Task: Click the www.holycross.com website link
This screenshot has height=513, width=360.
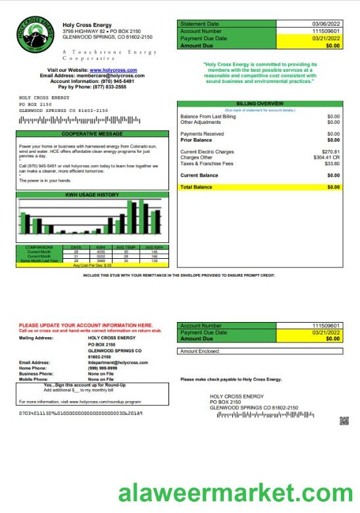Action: click(x=113, y=70)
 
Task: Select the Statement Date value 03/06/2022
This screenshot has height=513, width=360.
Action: click(x=326, y=24)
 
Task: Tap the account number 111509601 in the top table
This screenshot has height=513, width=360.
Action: click(x=326, y=31)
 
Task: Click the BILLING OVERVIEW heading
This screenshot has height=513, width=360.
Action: click(x=260, y=103)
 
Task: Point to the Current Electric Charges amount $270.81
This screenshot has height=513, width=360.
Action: click(x=330, y=151)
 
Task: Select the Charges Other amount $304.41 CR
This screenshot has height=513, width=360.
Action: click(x=326, y=157)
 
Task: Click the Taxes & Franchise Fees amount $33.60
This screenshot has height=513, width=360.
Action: click(x=331, y=163)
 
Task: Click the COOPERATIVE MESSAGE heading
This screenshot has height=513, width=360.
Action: click(x=92, y=133)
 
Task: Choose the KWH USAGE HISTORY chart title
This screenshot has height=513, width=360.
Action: click(x=92, y=195)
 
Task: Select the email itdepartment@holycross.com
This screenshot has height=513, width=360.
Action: click(x=115, y=363)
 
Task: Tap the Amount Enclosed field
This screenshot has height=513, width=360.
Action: click(x=260, y=351)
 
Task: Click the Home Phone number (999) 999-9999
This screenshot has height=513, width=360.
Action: click(x=101, y=368)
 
